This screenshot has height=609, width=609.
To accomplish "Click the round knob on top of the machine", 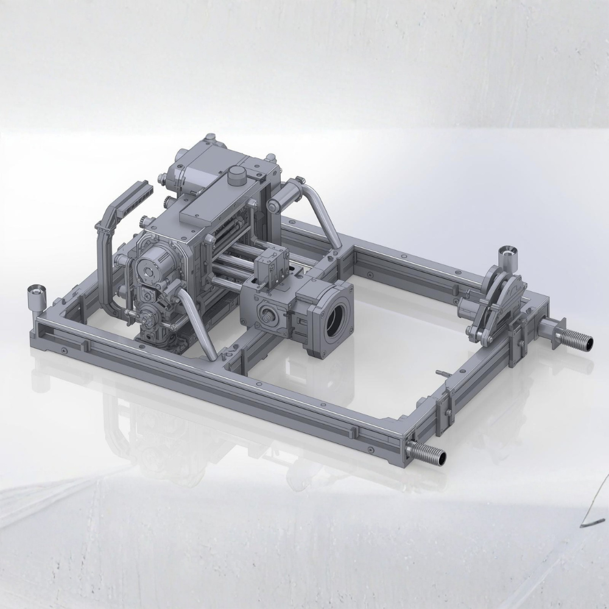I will tap(236, 175).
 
